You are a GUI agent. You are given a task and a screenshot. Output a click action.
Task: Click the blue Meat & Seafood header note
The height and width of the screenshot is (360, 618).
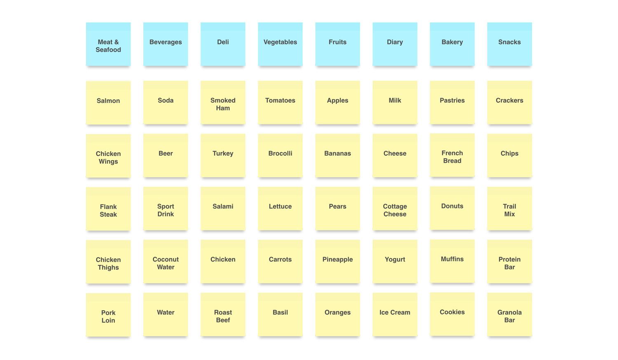[x=108, y=45]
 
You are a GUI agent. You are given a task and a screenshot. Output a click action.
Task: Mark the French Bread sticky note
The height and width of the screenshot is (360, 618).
[x=452, y=156]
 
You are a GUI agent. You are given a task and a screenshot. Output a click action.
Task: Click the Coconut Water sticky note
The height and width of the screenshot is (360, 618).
[x=166, y=262]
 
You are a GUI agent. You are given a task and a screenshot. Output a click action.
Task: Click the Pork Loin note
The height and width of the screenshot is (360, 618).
[x=108, y=316]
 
